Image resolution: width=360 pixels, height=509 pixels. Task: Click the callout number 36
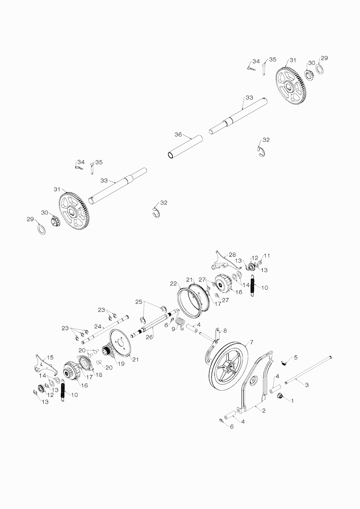tap(178, 135)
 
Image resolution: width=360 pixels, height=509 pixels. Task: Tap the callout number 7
tap(251, 342)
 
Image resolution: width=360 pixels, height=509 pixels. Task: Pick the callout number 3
tap(307, 385)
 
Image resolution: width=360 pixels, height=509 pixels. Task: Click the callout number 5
tap(295, 357)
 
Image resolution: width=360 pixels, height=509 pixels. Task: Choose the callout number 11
tap(267, 256)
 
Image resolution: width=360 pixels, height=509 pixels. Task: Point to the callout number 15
tap(50, 357)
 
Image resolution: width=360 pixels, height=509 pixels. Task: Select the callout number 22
tap(173, 283)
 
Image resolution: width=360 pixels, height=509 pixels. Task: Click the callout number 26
tap(149, 336)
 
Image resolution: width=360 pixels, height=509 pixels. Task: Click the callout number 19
tap(121, 364)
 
